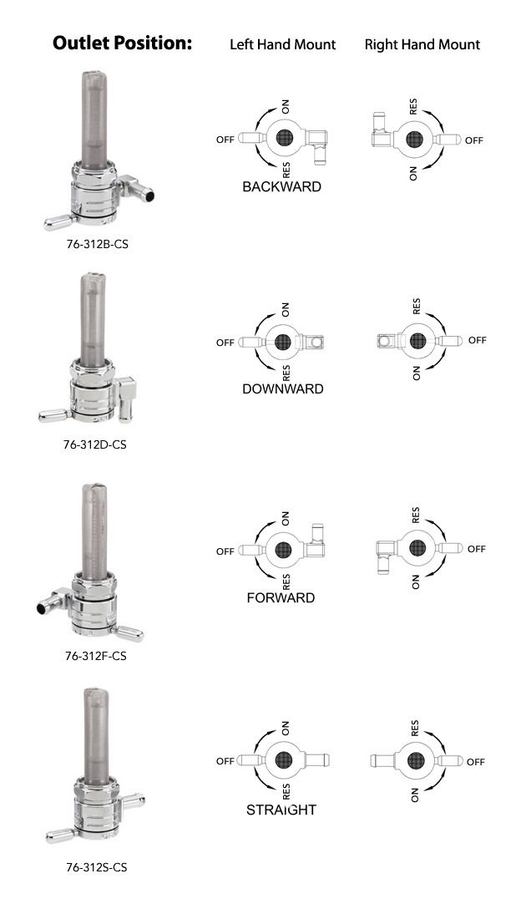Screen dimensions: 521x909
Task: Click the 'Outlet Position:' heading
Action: click(122, 43)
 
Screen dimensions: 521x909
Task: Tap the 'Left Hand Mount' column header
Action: click(283, 44)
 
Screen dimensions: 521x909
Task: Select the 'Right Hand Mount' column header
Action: click(422, 44)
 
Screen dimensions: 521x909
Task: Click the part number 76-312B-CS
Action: click(98, 244)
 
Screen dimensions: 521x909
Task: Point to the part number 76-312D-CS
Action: click(95, 444)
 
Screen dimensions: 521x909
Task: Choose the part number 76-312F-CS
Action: click(96, 656)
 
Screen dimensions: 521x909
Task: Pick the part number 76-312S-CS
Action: click(97, 867)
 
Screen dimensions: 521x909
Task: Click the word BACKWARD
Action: click(281, 186)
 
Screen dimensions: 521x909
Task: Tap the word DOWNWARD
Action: click(283, 388)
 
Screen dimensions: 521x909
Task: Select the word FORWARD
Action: click(281, 597)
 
